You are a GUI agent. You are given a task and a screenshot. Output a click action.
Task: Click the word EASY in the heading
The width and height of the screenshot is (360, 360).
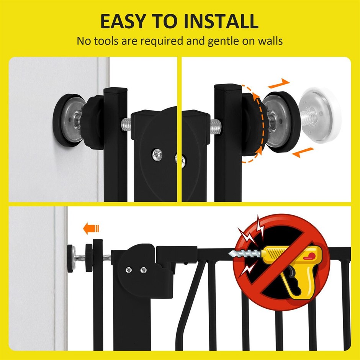(123, 21)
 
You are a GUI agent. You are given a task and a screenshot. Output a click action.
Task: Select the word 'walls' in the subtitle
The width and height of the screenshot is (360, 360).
(270, 41)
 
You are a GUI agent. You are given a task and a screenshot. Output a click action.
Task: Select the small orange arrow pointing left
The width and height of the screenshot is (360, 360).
(91, 228)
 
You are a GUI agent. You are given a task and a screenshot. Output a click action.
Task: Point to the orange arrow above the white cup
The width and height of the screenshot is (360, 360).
(279, 83)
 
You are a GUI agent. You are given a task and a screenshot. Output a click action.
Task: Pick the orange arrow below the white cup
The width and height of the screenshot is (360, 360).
(303, 152)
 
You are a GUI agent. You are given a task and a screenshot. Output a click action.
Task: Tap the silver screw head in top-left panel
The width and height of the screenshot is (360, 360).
(157, 154)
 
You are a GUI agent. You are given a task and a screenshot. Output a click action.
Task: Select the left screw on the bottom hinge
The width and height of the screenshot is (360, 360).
(129, 270)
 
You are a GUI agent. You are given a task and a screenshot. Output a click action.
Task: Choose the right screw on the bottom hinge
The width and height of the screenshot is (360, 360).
(144, 270)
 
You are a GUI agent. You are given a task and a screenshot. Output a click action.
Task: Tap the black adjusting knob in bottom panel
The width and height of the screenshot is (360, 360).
(89, 258)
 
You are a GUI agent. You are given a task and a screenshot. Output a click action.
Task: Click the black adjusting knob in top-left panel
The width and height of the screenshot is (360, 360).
(93, 123)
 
